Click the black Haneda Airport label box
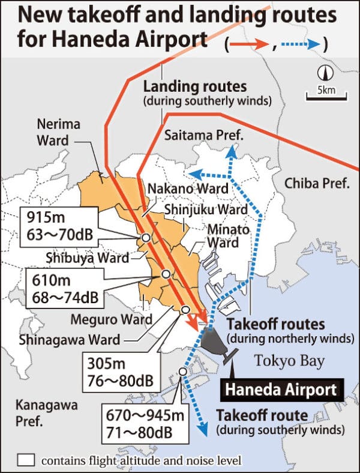click(280, 390)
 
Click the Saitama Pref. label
click(203, 136)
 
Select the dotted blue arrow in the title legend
click(302, 44)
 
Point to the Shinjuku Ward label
click(205, 209)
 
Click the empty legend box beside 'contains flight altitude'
click(26, 460)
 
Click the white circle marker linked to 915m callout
click(145, 238)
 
